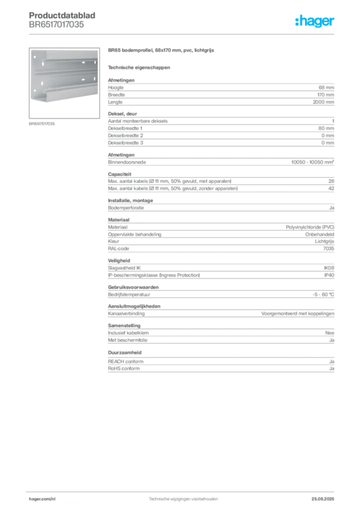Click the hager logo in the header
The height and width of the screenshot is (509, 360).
[x=315, y=21]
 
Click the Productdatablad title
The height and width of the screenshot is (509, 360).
[x=62, y=15]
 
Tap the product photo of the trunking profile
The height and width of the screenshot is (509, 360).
[x=64, y=83]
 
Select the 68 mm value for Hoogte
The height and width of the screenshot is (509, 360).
[x=326, y=87]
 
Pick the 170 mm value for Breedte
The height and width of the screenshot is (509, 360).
[x=326, y=95]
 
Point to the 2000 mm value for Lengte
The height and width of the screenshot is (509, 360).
[x=323, y=102]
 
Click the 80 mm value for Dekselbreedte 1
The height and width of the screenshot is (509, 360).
[x=326, y=128]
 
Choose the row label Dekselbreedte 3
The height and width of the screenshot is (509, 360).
[x=125, y=143]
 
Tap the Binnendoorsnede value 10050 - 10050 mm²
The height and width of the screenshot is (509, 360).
[x=313, y=162]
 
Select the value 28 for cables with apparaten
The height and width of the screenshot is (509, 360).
[x=331, y=181]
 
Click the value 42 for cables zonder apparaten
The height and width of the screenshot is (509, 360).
[x=331, y=188]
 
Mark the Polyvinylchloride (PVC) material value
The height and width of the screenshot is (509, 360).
[x=310, y=227]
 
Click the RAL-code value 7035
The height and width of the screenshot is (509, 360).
[x=329, y=249]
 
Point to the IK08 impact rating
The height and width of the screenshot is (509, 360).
[x=329, y=268]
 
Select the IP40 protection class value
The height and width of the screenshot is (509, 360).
[x=329, y=275]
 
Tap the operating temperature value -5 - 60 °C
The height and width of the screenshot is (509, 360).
[x=323, y=295]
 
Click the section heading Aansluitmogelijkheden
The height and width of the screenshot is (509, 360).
[x=134, y=306]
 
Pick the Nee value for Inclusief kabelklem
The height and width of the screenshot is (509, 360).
[x=330, y=333]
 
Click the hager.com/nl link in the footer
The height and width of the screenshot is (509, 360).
[x=42, y=499]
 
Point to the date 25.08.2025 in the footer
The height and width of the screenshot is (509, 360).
[x=323, y=499]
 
